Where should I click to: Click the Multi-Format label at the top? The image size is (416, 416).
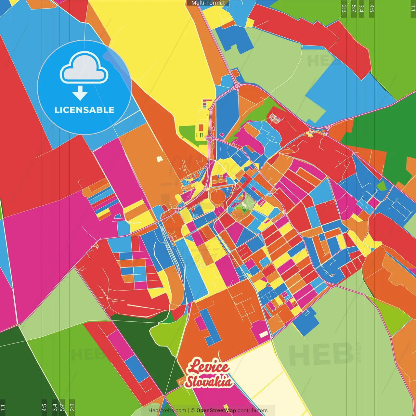[x=208, y=3]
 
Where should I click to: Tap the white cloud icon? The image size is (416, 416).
[x=84, y=68]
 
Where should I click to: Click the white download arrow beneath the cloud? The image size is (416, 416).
[x=80, y=93]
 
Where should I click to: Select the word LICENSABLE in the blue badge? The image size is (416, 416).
[x=84, y=110]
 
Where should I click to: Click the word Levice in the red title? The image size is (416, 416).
[x=208, y=367]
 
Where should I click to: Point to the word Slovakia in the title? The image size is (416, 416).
[x=209, y=382]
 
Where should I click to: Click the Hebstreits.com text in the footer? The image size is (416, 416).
[x=167, y=410]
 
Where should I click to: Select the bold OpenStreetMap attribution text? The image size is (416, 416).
[x=216, y=410]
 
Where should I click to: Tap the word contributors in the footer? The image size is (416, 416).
[x=253, y=410]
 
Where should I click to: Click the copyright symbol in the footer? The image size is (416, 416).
[x=193, y=410]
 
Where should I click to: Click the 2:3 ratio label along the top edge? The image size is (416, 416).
[x=344, y=8]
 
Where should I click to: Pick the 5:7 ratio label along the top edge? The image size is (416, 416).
[x=354, y=8]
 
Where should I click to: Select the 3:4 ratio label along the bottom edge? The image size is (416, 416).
[x=55, y=407]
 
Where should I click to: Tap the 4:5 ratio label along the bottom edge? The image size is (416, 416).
[x=44, y=407]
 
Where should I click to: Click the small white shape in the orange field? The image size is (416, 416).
[x=159, y=159]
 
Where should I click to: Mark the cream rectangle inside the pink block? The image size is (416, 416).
[x=263, y=334]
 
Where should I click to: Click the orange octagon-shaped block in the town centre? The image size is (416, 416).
[x=217, y=197]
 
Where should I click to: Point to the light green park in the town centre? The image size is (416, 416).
[x=245, y=203]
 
